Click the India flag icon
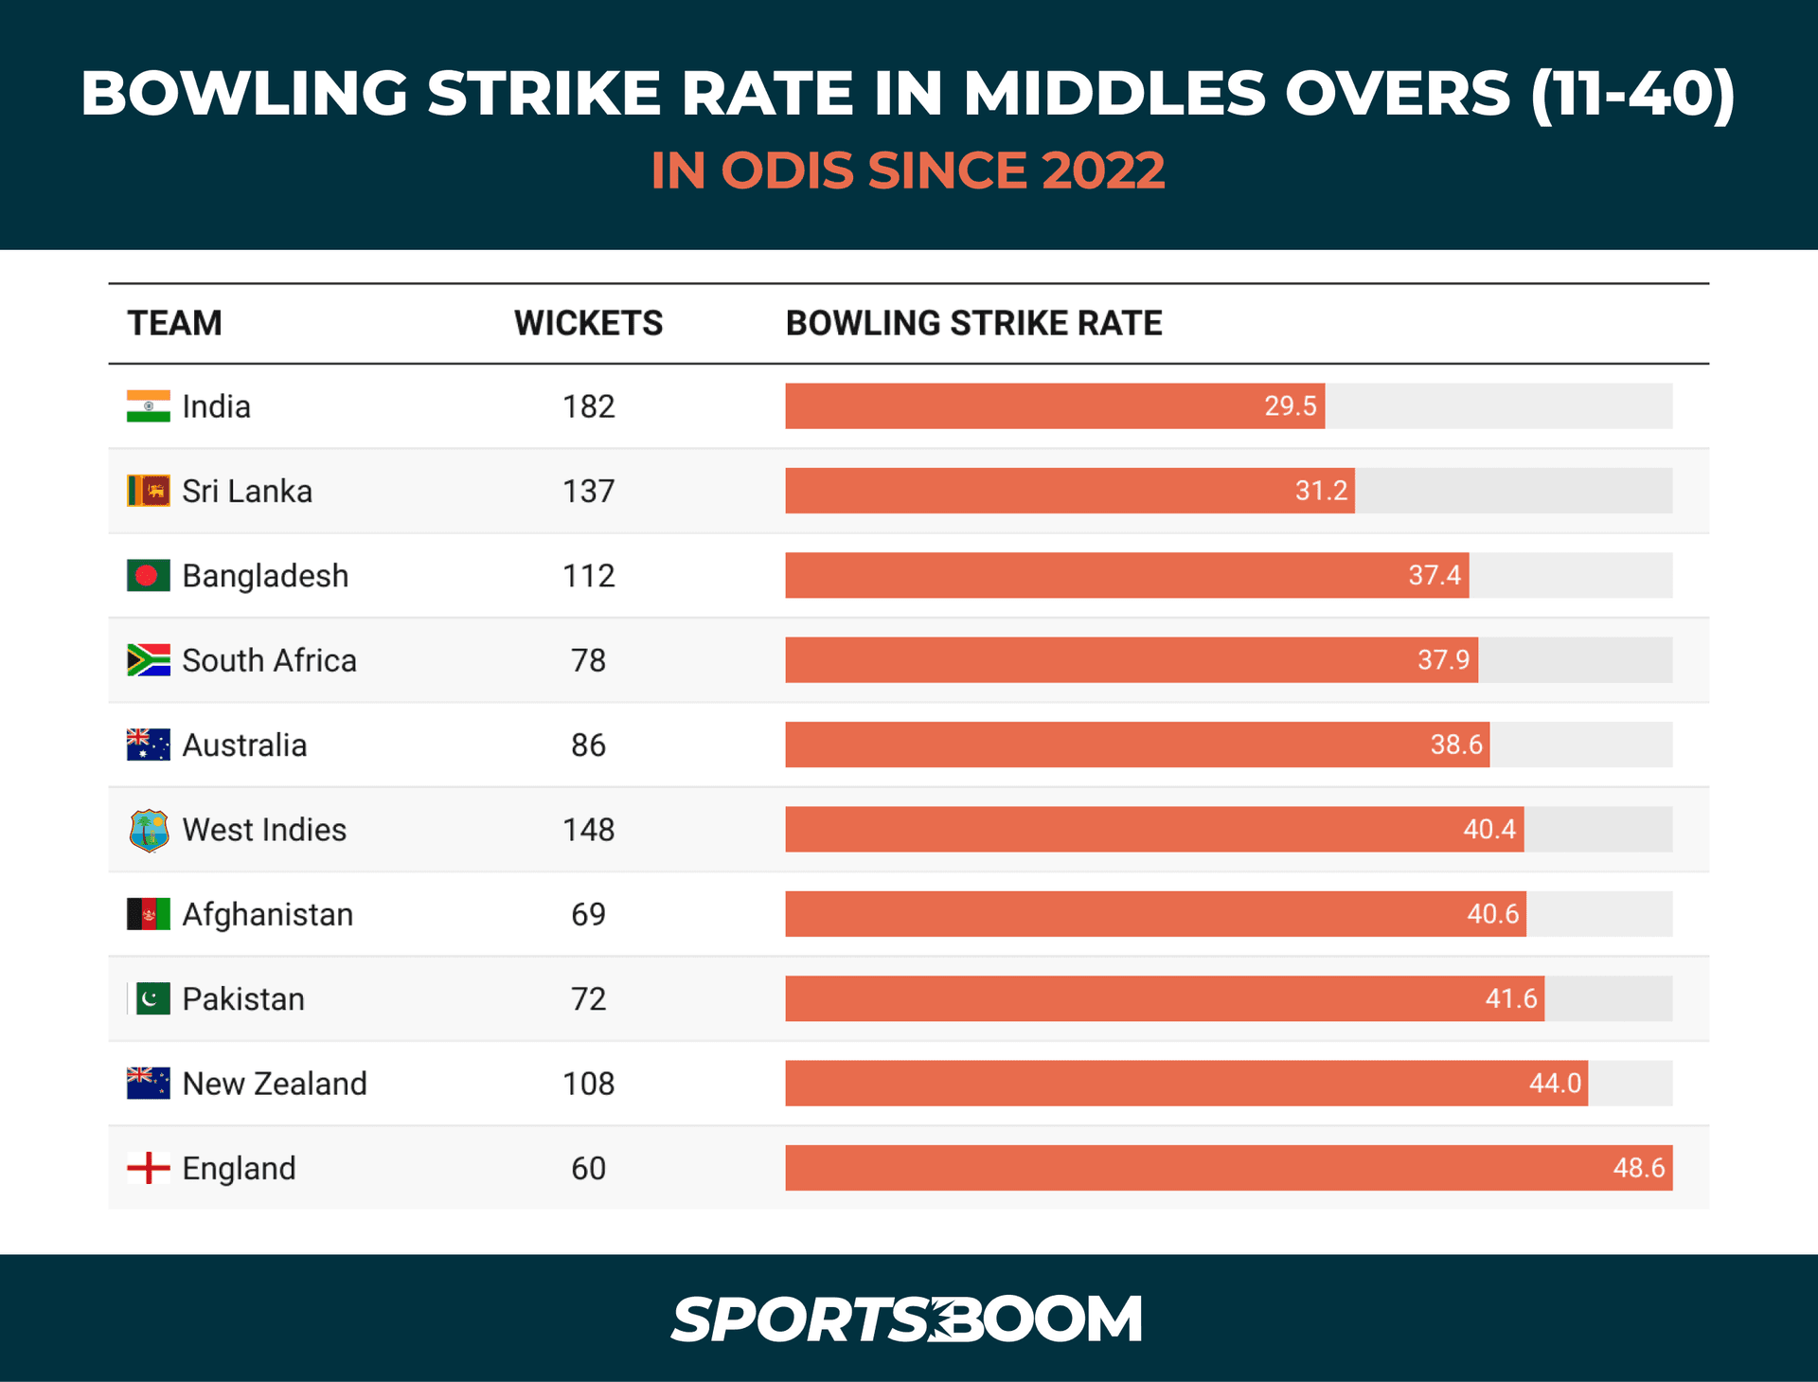149,406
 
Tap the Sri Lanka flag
149,491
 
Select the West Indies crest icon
149,831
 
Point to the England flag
149,1168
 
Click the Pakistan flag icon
151,998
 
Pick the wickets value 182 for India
588,406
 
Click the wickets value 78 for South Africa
588,660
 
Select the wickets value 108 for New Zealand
588,1084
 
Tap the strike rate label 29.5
1290,406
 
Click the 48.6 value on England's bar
1638,1168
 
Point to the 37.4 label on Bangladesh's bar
1434,575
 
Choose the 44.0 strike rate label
1555,1084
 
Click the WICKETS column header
588,323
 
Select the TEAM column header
175,323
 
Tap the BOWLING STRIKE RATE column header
973,323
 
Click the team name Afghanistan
267,915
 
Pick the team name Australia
244,745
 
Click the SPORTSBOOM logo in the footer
907,1319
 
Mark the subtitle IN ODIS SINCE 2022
907,171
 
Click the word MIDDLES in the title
1114,94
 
